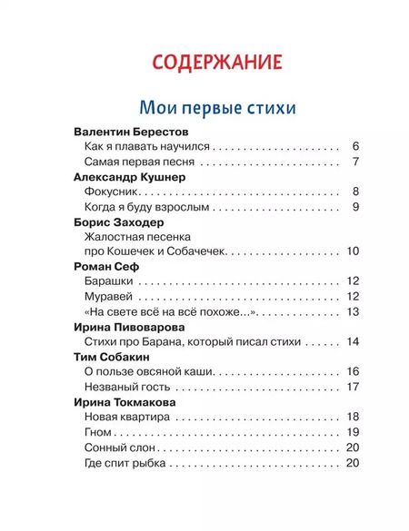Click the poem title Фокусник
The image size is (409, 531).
108,192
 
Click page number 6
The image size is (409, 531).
356,146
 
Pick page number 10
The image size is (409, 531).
354,251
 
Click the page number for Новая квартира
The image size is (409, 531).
354,417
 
